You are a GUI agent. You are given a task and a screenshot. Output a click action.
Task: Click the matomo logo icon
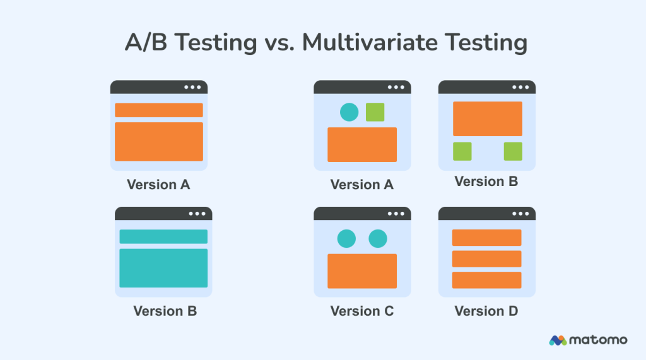point(558,340)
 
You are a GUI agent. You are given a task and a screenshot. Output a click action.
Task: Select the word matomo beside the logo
point(598,340)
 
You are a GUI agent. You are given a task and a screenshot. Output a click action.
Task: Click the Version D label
point(486,311)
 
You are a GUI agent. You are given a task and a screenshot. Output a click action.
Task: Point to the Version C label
point(362,311)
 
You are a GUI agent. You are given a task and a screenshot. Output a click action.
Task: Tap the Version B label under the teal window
point(165,311)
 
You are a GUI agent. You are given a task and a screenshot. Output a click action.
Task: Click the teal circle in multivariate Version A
point(349,112)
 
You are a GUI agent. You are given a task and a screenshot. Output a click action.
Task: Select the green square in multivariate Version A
point(375,112)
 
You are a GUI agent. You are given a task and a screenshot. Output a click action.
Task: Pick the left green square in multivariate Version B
point(462,151)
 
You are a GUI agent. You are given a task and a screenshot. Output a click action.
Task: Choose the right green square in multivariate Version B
point(513,151)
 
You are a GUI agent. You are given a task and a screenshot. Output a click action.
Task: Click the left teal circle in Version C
point(346,238)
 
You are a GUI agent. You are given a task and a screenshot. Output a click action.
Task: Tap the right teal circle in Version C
point(377,238)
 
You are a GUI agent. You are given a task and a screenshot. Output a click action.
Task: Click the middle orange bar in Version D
point(487,258)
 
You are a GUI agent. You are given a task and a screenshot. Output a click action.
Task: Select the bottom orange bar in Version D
point(487,280)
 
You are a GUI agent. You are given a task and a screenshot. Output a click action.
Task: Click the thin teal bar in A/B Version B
point(163,236)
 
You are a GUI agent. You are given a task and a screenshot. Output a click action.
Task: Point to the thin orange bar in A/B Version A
point(159,110)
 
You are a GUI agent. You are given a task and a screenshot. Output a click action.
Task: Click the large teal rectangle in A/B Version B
point(163,268)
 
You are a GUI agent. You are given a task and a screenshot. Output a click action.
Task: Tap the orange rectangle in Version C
point(362,271)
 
